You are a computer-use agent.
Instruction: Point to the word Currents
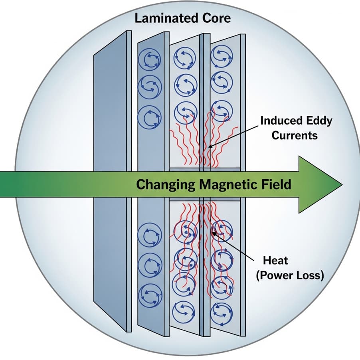295,135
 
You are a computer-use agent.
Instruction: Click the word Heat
275,261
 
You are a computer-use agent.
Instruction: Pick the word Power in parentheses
277,275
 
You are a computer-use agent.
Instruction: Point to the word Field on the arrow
276,184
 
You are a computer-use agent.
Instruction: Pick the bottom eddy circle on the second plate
150,295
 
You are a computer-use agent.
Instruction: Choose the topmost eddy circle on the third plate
185,59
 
